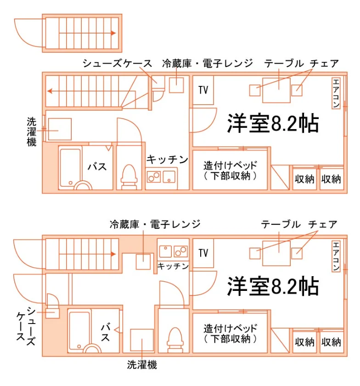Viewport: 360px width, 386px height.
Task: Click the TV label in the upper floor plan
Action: [203, 90]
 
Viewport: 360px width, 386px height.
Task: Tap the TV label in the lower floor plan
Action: [203, 253]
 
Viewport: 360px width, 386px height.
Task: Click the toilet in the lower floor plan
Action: [175, 340]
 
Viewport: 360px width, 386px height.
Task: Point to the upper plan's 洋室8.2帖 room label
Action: [273, 123]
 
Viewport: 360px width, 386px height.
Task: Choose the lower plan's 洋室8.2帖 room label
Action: [273, 286]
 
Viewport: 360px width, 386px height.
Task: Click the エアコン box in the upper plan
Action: [336, 93]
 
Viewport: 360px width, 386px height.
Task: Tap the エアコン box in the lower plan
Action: [336, 256]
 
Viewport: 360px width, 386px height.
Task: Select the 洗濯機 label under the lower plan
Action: [142, 364]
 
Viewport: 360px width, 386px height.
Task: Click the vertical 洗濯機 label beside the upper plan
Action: [32, 132]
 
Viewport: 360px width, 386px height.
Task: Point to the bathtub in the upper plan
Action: [70, 168]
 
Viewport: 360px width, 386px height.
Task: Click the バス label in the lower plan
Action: [106, 332]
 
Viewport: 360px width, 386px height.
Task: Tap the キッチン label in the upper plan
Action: [167, 159]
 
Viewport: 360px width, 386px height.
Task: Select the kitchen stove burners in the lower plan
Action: [180, 251]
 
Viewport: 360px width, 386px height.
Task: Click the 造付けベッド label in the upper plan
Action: [230, 165]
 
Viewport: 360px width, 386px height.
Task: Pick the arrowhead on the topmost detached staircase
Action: [113, 33]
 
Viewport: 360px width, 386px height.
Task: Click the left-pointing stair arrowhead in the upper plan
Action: [50, 91]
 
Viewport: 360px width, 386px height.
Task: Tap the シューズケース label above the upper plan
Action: [118, 63]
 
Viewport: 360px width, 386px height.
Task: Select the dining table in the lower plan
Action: [276, 253]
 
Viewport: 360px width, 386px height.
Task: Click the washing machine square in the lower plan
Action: [142, 340]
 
